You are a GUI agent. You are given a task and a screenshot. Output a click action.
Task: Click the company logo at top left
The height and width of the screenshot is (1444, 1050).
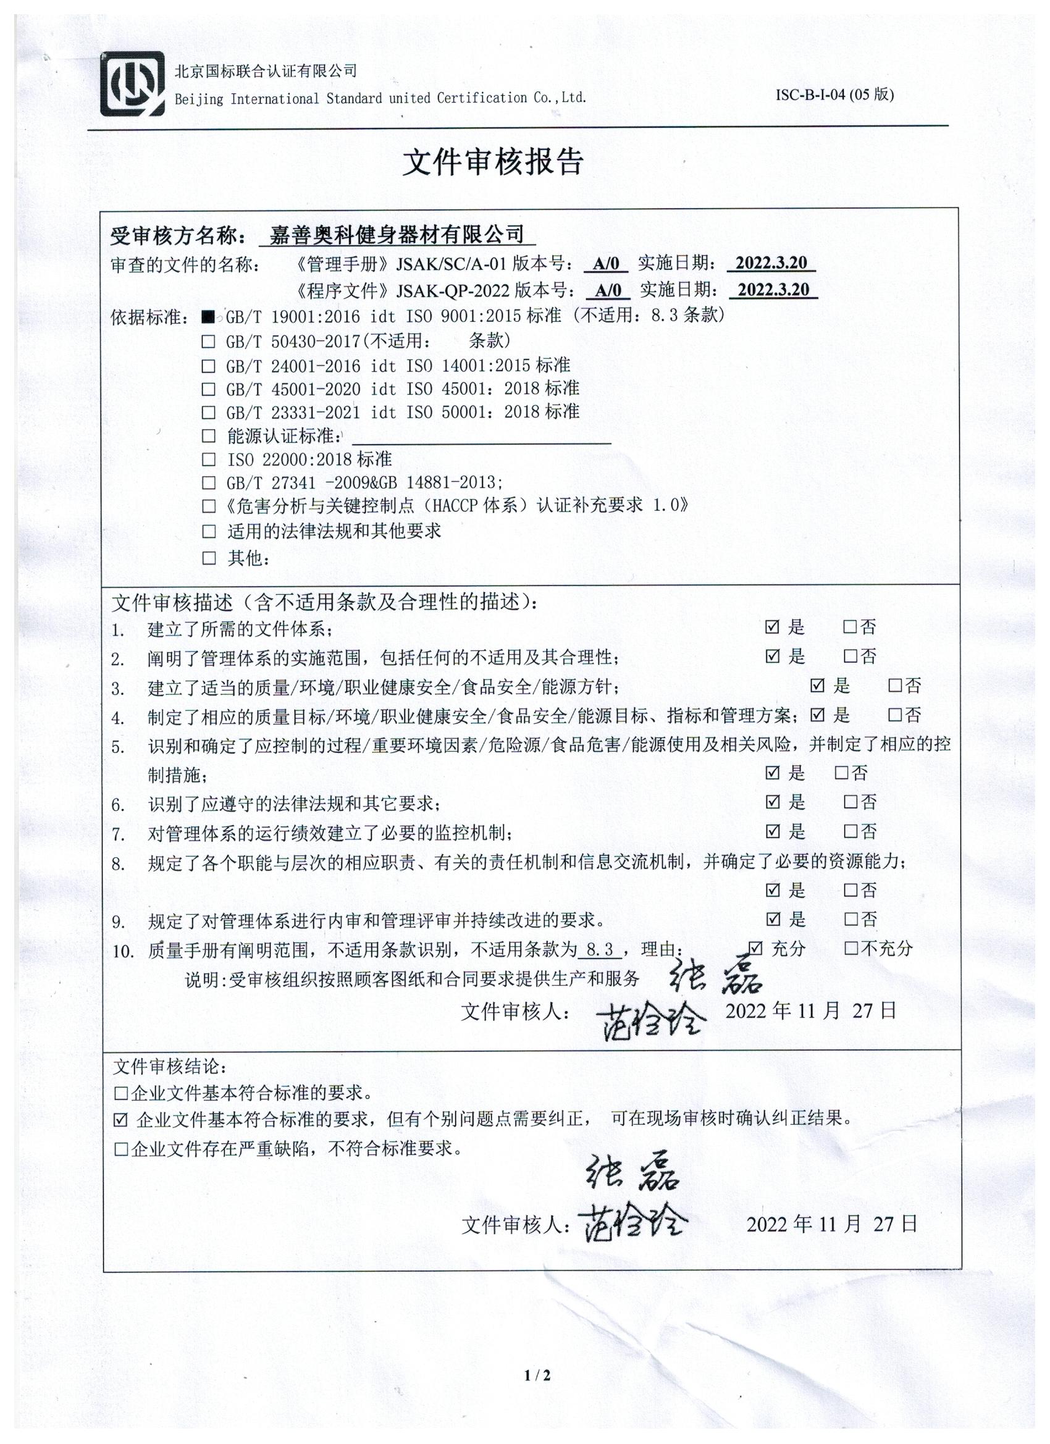pyautogui.click(x=132, y=84)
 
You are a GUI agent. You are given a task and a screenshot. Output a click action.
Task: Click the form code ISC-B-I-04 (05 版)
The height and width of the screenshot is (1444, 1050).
pyautogui.click(x=834, y=95)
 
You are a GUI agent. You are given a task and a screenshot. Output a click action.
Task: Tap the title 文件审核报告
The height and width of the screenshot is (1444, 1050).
pyautogui.click(x=493, y=163)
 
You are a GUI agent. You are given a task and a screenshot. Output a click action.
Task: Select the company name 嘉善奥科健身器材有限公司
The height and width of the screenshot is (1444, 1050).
pyautogui.click(x=396, y=235)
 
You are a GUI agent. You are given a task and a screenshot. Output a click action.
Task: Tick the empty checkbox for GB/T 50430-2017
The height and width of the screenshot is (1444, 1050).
pyautogui.click(x=208, y=342)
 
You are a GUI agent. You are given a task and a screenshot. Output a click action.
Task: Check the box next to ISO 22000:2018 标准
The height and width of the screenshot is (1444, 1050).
pyautogui.click(x=208, y=459)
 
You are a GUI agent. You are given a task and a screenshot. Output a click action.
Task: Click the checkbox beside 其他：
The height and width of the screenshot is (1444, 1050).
pyautogui.click(x=208, y=558)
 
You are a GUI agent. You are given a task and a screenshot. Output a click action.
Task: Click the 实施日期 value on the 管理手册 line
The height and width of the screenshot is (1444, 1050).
pyautogui.click(x=770, y=263)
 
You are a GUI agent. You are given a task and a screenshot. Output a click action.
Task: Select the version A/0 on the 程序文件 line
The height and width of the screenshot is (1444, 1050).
pyautogui.click(x=608, y=290)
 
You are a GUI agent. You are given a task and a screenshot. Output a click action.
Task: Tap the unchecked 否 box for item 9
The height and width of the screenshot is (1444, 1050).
pyautogui.click(x=850, y=919)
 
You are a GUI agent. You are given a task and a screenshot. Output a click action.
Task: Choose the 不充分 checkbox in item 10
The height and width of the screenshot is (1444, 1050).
pyautogui.click(x=850, y=949)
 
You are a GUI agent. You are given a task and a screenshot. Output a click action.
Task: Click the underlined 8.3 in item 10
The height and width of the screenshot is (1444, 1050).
pyautogui.click(x=599, y=950)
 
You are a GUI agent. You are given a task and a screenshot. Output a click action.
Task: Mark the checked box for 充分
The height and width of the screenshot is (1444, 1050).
pyautogui.click(x=755, y=949)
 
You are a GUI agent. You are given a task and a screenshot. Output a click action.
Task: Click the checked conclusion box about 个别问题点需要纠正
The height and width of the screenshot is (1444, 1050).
pyautogui.click(x=121, y=1120)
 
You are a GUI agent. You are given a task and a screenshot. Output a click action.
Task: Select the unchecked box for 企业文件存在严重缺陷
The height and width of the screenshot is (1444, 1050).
pyautogui.click(x=121, y=1149)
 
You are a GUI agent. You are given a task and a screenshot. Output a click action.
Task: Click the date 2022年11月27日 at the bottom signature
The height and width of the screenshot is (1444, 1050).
pyautogui.click(x=831, y=1224)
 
